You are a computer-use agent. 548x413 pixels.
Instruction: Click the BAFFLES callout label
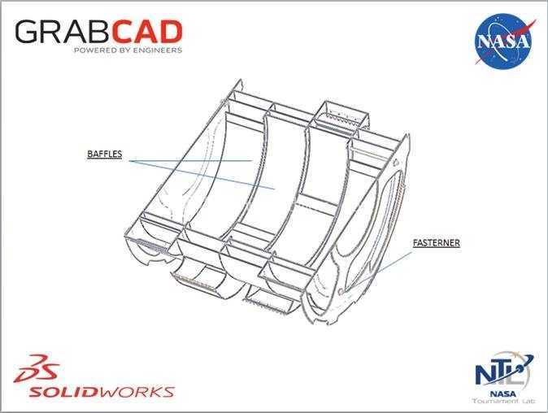click(x=105, y=154)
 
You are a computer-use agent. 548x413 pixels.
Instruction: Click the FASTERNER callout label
click(x=436, y=243)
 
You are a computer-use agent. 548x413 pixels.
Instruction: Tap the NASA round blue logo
click(x=503, y=41)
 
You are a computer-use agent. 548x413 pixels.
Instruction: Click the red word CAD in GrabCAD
click(x=147, y=32)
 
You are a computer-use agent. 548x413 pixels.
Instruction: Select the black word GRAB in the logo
click(x=63, y=32)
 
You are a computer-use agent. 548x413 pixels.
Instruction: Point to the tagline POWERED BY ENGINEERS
click(x=128, y=50)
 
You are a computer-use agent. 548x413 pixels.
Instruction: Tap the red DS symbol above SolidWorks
click(x=37, y=368)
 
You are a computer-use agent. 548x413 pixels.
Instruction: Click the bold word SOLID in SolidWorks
click(x=63, y=392)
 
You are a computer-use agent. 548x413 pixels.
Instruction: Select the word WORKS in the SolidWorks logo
click(x=137, y=392)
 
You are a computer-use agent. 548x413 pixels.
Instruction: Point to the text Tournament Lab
click(x=503, y=401)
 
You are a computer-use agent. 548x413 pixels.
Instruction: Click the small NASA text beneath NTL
click(x=503, y=393)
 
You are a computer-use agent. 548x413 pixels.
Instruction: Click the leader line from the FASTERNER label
click(x=395, y=262)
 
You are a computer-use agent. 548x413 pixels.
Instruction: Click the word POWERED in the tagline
click(x=90, y=50)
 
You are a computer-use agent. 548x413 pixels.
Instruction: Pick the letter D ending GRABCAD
click(x=171, y=32)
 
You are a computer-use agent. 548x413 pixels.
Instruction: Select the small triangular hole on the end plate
click(x=396, y=162)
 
